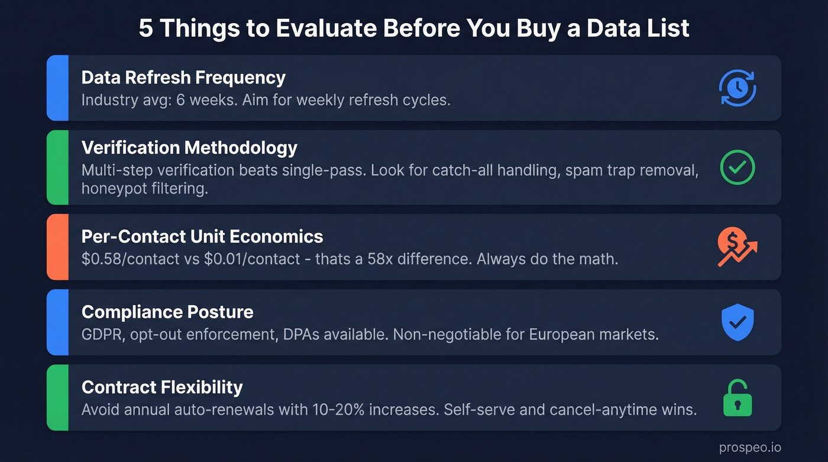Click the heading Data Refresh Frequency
(x=183, y=77)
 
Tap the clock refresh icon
(x=737, y=89)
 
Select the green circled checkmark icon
(x=737, y=167)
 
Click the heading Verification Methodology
(x=189, y=147)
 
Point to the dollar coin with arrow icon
(x=737, y=247)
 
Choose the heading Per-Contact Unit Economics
(x=202, y=237)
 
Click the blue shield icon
(x=737, y=322)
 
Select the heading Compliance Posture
(x=167, y=312)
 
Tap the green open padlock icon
(x=737, y=398)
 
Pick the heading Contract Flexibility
(x=162, y=387)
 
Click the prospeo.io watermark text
(x=749, y=448)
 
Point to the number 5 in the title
(x=145, y=28)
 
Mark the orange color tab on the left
(x=57, y=247)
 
